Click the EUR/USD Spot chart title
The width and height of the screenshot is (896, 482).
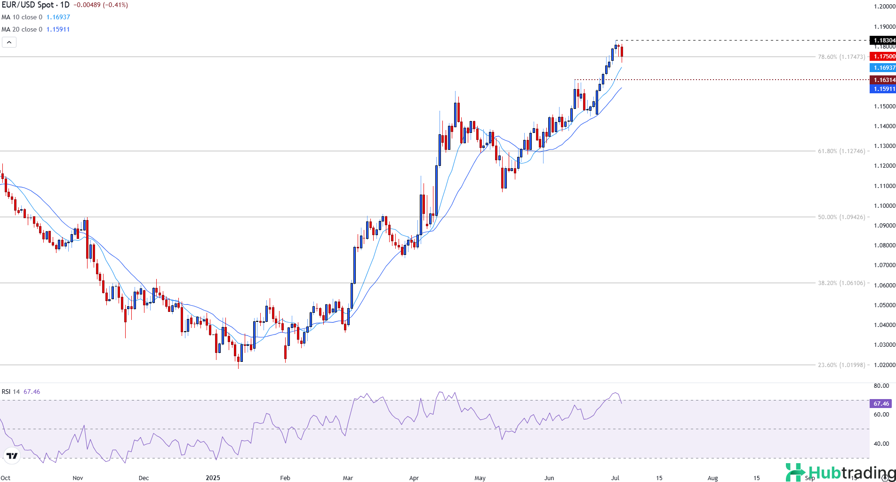coord(35,5)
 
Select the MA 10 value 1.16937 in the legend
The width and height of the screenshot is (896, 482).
coord(58,17)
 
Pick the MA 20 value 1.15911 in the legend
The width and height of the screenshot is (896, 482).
coord(58,29)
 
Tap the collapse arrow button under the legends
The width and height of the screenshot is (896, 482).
coord(9,42)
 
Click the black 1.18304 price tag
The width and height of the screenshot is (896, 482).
coord(883,41)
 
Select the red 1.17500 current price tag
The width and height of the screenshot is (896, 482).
coord(883,57)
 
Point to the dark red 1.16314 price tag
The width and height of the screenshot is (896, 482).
coord(883,80)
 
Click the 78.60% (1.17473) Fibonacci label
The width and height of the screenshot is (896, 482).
coord(841,57)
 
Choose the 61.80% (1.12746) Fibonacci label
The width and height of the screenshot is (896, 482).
coord(841,151)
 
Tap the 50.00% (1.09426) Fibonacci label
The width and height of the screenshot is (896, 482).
coord(841,217)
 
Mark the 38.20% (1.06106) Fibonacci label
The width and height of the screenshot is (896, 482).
coord(841,283)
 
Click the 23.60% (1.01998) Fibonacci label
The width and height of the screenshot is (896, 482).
coord(841,365)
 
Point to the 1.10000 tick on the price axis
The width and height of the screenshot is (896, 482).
coord(884,206)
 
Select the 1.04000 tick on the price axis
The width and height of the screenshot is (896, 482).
coord(884,325)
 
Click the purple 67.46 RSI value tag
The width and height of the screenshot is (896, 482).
coord(881,404)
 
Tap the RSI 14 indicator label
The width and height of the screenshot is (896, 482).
coord(11,392)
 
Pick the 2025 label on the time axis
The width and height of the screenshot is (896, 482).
coord(213,478)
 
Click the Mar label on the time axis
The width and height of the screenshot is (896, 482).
coord(348,478)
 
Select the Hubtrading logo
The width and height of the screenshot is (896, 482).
coord(840,473)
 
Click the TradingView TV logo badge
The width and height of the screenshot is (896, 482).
coord(12,456)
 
